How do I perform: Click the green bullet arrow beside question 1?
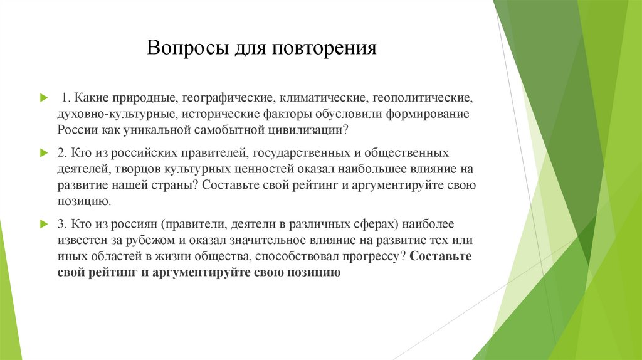click(43, 98)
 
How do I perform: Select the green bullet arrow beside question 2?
click(43, 153)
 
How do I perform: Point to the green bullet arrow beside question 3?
click(43, 224)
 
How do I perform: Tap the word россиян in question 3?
click(136, 224)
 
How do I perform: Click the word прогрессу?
click(371, 257)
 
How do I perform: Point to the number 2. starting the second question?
click(62, 153)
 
